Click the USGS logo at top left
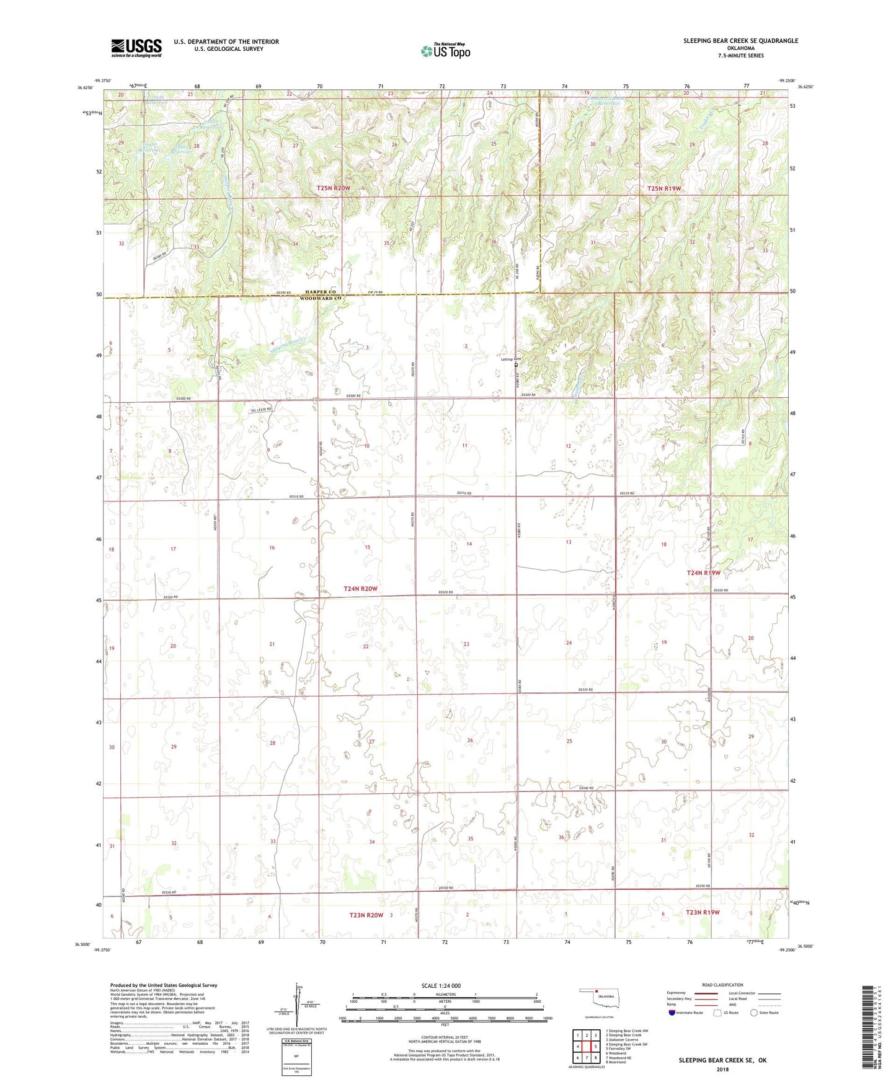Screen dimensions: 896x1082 point(136,47)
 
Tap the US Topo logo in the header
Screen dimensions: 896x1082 point(445,51)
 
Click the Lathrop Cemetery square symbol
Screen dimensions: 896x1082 point(516,365)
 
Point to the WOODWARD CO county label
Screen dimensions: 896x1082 point(321,299)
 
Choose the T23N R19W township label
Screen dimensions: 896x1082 point(703,912)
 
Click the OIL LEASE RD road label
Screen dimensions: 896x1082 point(260,409)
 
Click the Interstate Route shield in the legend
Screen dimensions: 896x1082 point(672,1013)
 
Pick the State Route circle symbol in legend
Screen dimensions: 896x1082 point(754,1013)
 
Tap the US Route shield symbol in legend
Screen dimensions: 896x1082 point(718,1013)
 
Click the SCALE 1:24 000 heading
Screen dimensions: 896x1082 point(441,985)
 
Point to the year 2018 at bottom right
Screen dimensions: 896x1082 point(722,1069)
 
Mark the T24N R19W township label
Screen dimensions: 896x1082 point(703,573)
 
